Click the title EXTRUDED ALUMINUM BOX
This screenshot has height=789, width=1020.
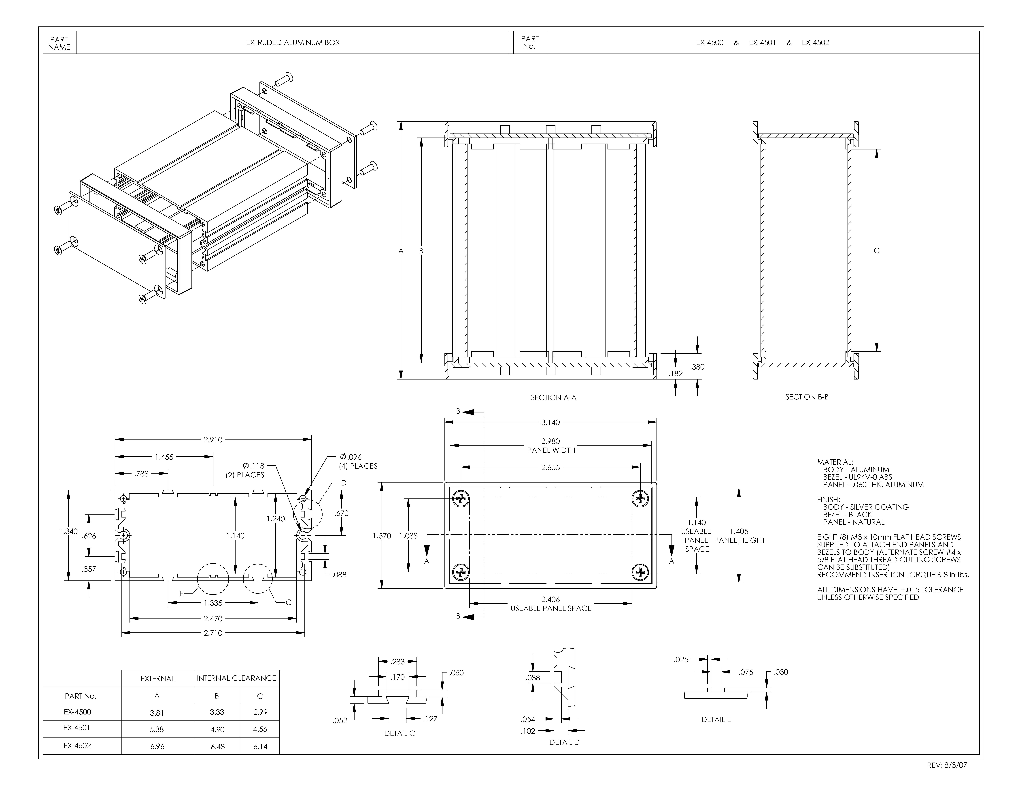293,43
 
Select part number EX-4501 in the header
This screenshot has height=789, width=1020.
762,43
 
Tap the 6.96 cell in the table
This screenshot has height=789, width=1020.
157,746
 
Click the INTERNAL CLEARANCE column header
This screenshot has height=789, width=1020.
236,678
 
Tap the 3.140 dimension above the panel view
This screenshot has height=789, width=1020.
550,423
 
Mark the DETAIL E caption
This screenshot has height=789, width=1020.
716,719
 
